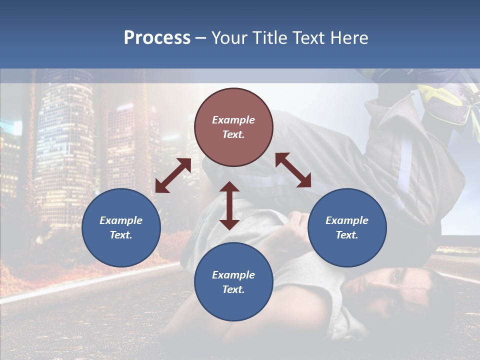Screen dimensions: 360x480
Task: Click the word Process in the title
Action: coord(157,38)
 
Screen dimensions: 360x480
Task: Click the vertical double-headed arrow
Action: coord(229,205)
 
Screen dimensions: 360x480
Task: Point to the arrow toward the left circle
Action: coord(173,175)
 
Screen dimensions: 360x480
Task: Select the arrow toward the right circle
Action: coord(293,170)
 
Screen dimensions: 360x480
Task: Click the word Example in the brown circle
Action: coord(233,120)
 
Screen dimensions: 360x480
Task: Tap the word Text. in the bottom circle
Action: coord(233,289)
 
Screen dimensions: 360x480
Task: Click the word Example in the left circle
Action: coord(121,220)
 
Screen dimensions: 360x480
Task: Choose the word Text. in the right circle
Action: coord(347,235)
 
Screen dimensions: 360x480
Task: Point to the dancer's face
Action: coord(395,290)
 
